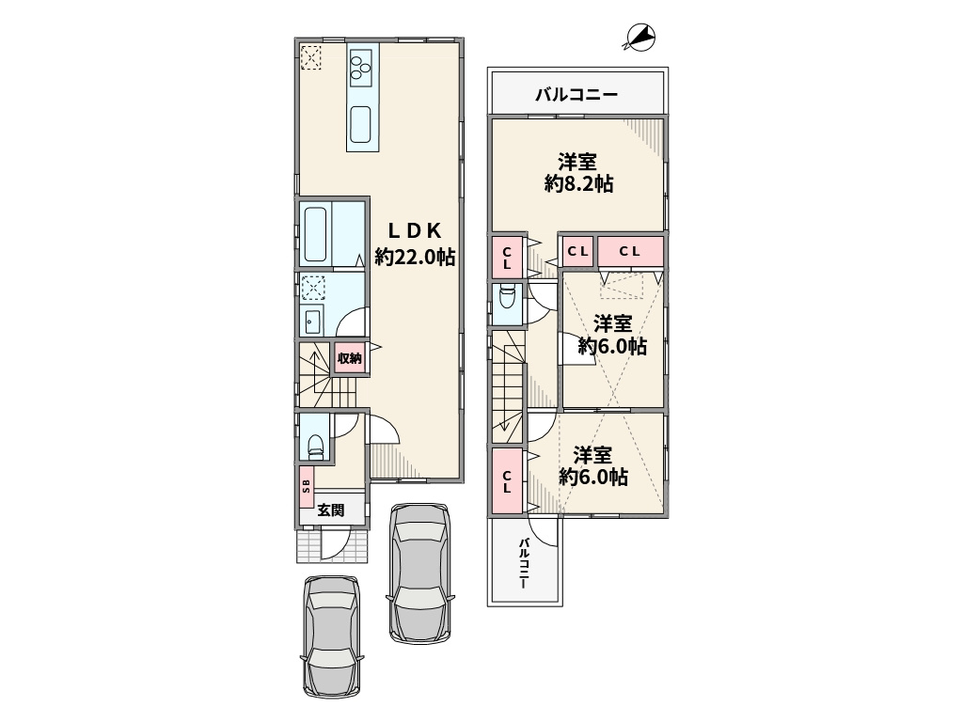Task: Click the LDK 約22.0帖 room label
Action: point(415,243)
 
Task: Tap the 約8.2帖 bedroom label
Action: point(578,173)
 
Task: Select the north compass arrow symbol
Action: point(639,37)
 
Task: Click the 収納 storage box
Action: point(350,358)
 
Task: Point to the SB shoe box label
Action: point(307,486)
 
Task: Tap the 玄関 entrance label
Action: point(330,510)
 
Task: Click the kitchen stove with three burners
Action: point(360,68)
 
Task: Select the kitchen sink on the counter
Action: point(360,124)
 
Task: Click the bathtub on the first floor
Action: point(315,234)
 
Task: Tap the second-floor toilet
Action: point(507,298)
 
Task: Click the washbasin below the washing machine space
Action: point(312,320)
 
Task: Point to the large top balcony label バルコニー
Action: point(576,95)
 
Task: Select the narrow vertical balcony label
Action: point(523,564)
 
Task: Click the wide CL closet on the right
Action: point(630,251)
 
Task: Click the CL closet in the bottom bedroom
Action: point(507,481)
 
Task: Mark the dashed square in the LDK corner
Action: point(310,57)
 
